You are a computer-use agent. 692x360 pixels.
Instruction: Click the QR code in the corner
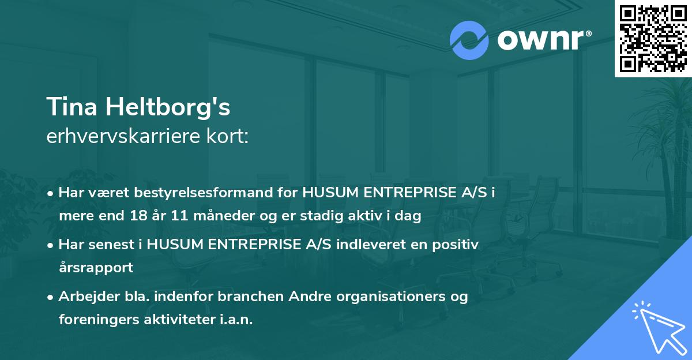(653, 38)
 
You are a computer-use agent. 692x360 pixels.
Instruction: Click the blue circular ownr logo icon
(469, 40)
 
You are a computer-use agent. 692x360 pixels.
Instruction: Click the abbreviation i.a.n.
(237, 320)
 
